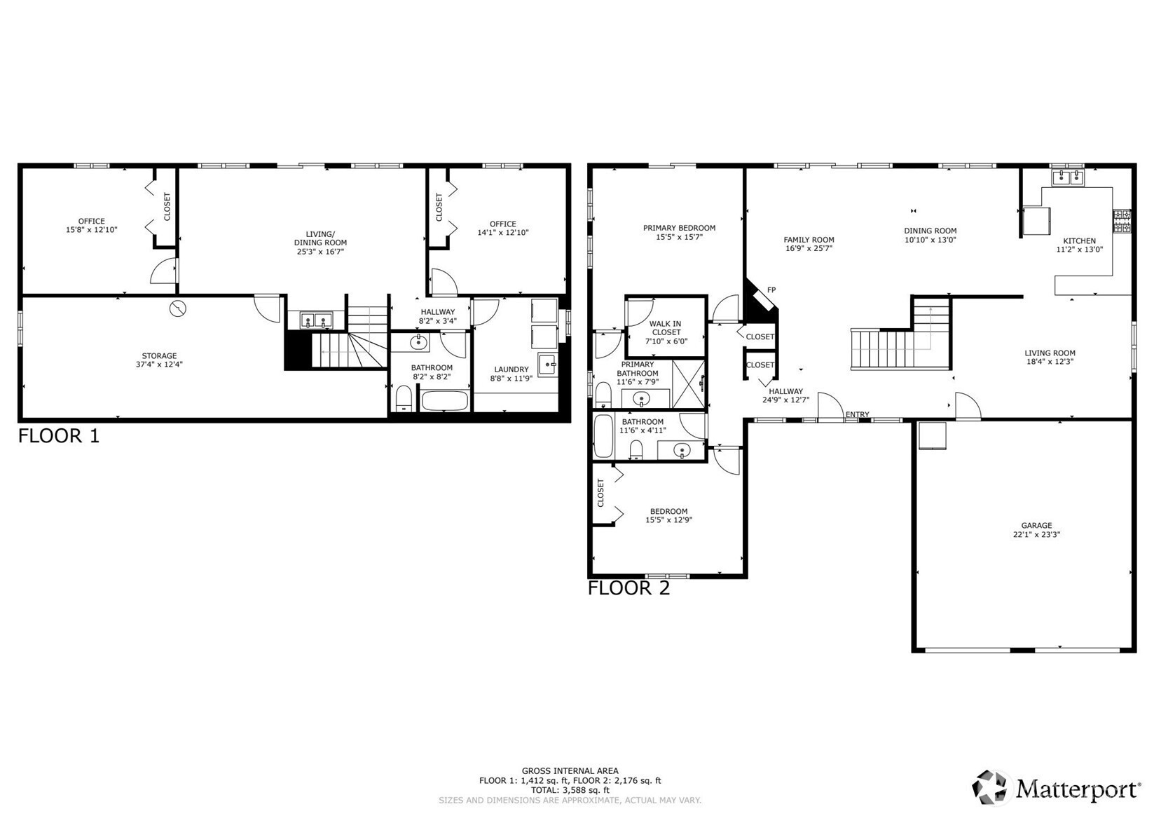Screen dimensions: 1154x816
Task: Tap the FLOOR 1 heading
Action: [x=59, y=435]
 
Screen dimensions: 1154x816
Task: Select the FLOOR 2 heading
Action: [x=628, y=587]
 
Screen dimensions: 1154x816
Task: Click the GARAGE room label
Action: [x=1036, y=525]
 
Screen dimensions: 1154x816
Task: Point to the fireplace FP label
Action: [x=771, y=290]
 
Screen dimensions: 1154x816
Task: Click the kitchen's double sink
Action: [x=1068, y=177]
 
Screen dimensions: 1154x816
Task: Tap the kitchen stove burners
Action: [x=1122, y=221]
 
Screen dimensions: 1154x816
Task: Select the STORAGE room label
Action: [x=159, y=355]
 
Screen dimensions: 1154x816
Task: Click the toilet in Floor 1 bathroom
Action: [x=404, y=399]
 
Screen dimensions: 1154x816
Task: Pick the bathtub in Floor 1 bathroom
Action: [x=445, y=400]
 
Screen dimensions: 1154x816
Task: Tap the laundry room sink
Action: [x=548, y=365]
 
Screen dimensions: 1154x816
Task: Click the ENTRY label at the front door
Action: [x=857, y=414]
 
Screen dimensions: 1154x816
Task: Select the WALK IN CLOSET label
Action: [x=666, y=328]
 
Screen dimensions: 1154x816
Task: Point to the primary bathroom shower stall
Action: [x=688, y=384]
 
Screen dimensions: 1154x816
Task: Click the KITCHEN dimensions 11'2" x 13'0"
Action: [x=1079, y=250]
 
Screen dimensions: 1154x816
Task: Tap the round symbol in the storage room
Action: [x=178, y=308]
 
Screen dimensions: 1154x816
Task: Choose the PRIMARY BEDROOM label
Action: [x=679, y=228]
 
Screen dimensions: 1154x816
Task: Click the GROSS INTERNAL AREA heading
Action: [x=570, y=771]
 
